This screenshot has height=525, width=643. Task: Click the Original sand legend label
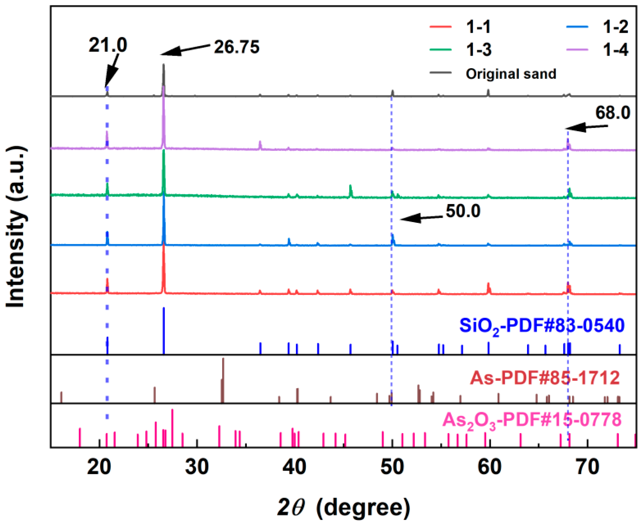click(511, 74)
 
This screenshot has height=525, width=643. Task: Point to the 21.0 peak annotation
click(108, 45)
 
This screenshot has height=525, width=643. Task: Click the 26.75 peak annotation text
click(237, 47)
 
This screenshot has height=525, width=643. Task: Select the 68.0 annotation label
click(612, 113)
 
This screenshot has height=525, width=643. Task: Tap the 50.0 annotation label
click(463, 211)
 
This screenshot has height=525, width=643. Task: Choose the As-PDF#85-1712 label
click(545, 378)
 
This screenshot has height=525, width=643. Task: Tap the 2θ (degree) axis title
click(344, 507)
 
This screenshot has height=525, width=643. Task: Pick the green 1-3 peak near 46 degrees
click(350, 190)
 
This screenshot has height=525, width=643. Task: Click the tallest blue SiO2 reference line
click(164, 330)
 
